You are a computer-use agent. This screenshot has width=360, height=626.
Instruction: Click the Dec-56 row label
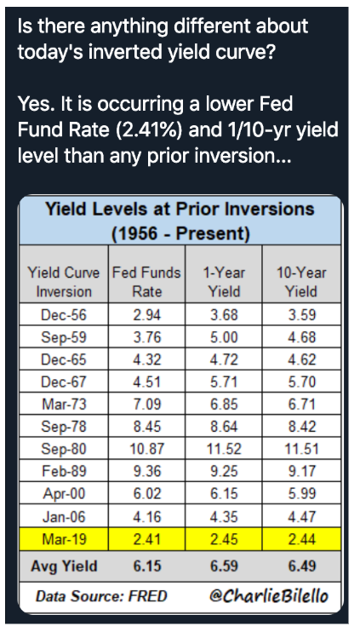click(x=64, y=315)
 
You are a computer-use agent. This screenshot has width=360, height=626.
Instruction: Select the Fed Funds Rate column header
click(x=146, y=282)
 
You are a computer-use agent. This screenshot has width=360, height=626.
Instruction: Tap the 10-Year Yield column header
click(x=301, y=282)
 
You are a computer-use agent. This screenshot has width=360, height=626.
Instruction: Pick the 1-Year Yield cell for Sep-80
click(x=224, y=449)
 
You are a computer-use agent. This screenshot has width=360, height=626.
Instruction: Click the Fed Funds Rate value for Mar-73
click(x=147, y=405)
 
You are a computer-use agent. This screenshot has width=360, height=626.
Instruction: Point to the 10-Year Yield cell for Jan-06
click(x=302, y=517)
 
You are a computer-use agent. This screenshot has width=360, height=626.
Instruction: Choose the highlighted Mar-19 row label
click(x=64, y=539)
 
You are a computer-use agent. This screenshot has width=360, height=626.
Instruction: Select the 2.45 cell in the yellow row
click(x=224, y=539)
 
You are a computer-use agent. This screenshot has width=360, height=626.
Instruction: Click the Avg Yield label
click(x=64, y=566)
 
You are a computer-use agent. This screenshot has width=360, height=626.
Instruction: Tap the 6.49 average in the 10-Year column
click(x=302, y=566)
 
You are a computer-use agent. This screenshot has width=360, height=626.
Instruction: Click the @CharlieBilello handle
click(x=269, y=595)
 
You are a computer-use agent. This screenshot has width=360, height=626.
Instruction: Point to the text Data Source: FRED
click(x=101, y=596)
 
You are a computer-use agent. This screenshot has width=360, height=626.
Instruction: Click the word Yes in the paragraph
click(x=35, y=104)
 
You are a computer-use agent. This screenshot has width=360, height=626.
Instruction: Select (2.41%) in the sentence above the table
click(x=149, y=129)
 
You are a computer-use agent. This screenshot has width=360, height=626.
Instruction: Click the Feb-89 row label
click(x=64, y=471)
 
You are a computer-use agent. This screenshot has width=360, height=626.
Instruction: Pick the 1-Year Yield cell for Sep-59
click(x=224, y=337)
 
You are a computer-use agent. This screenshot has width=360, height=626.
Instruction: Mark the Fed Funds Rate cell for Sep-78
click(x=147, y=427)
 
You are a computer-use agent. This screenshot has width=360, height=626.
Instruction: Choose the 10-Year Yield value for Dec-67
click(x=302, y=382)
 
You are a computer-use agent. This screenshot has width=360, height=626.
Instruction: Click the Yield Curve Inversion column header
click(x=64, y=282)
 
